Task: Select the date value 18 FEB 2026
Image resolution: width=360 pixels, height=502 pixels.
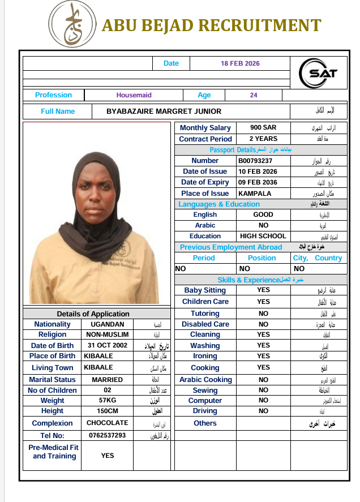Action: [240, 63]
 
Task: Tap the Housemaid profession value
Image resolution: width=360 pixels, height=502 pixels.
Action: [134, 95]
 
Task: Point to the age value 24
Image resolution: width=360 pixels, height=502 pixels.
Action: [254, 95]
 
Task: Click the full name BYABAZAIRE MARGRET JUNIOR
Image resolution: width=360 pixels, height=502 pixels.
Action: [164, 111]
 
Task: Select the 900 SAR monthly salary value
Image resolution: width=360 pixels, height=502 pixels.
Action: [263, 128]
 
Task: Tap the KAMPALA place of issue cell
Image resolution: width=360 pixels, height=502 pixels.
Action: [255, 193]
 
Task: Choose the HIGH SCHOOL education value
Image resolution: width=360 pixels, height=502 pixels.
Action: [263, 236]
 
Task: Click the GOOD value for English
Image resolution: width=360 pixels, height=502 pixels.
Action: [263, 214]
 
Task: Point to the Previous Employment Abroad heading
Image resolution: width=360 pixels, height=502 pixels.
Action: [230, 247]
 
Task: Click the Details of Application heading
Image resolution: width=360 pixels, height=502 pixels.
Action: [93, 314]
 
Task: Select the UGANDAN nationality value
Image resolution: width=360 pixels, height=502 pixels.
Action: [107, 324]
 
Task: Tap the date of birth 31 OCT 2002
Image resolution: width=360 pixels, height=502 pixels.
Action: [107, 345]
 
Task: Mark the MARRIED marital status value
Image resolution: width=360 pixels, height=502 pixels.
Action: [107, 380]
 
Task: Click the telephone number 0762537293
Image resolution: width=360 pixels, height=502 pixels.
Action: [107, 435]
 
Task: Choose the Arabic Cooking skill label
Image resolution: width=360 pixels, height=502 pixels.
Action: [205, 380]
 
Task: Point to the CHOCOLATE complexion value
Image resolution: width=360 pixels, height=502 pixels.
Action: [107, 423]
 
